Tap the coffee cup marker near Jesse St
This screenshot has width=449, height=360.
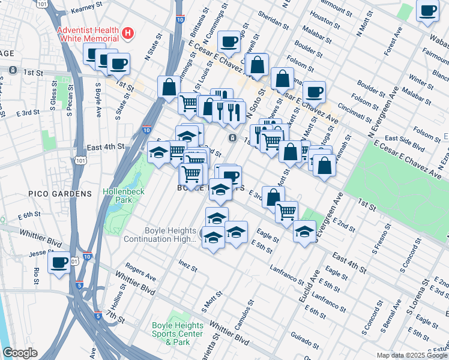pyautogui.click(x=59, y=263)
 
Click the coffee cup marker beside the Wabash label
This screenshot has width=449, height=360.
pyautogui.click(x=427, y=11)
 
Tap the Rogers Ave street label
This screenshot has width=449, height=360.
pyautogui.click(x=141, y=273)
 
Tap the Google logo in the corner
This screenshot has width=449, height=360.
pyautogui.click(x=20, y=353)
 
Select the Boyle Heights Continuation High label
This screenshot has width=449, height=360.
pyautogui.click(x=160, y=235)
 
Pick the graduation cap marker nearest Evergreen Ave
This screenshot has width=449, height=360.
pyautogui.click(x=305, y=230)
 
